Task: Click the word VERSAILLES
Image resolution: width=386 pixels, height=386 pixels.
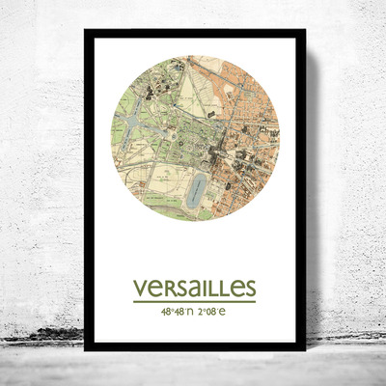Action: tap(195, 289)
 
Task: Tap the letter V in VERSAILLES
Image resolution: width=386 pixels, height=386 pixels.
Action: tap(141, 289)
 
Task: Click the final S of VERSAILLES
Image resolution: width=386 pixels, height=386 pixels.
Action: tap(249, 289)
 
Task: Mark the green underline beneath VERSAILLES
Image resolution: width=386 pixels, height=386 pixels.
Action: tap(195, 302)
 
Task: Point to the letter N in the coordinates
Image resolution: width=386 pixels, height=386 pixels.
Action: tap(191, 312)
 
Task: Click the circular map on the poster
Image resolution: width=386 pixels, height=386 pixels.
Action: tap(195, 137)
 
